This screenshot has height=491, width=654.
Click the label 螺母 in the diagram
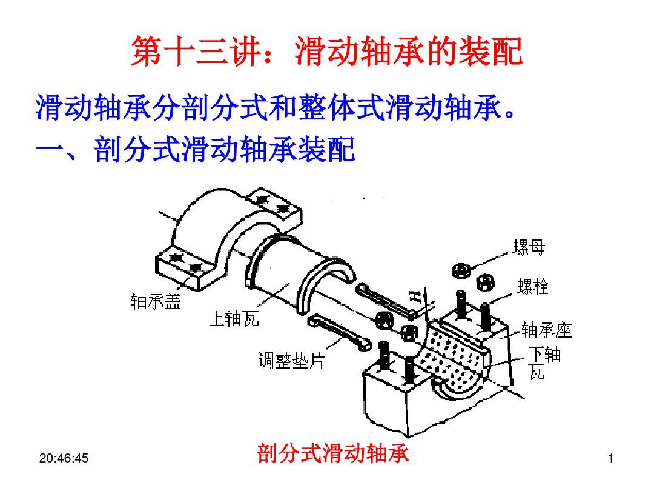(x=528, y=247)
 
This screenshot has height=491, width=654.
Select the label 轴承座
(x=546, y=330)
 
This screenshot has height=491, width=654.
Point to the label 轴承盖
(x=156, y=301)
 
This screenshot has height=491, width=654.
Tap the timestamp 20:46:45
(x=64, y=459)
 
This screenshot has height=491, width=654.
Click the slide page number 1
(x=611, y=460)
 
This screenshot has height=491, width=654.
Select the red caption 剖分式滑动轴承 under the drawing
(x=332, y=453)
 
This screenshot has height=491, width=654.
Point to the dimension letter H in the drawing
(x=415, y=296)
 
